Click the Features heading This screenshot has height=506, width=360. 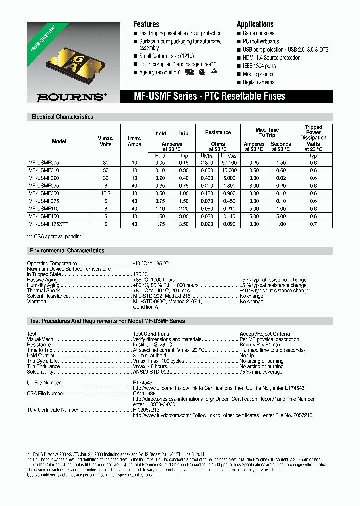pos(146,24)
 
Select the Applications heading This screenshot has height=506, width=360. pos(255,24)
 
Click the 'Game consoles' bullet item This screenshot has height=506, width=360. pos(259,33)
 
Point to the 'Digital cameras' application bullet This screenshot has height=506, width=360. pos(258,82)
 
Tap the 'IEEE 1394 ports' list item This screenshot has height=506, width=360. pos(259,66)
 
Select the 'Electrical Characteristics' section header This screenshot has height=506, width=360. pos(62,117)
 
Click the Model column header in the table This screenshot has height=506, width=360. pos(59,141)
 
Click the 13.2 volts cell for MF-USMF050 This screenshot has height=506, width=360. pos(106,192)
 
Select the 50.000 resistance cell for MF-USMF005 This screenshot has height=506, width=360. pos(230,163)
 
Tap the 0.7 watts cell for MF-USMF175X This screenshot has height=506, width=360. pos(313,225)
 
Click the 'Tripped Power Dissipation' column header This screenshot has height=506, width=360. pos(313,132)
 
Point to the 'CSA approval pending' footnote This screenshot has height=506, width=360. pos(55,236)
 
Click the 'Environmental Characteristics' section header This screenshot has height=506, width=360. pos(67,250)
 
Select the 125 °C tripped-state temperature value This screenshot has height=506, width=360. pos(140,274)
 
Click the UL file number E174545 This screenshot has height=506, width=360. pos(144,382)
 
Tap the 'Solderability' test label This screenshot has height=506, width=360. pos(40,372)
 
